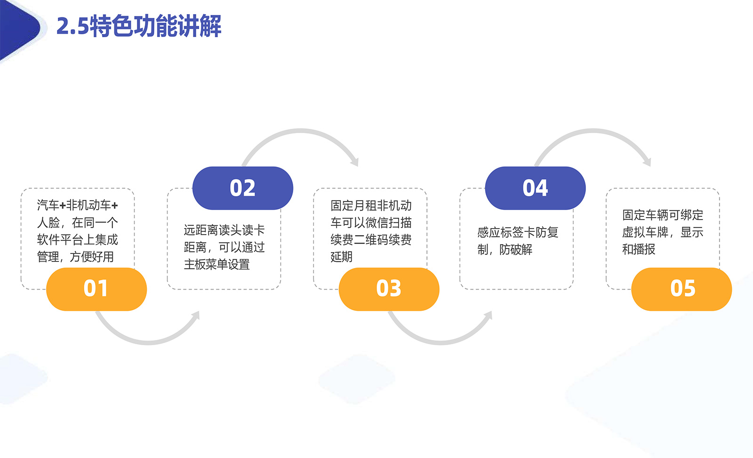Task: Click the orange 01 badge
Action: coord(96,289)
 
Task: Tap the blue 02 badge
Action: coord(243,188)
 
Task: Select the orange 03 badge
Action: coord(389,289)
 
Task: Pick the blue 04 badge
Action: coord(535,188)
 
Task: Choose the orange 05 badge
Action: coord(681,289)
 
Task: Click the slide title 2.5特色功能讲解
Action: coord(139,26)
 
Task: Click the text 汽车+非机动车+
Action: coord(77,205)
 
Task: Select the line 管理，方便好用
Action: coord(75,257)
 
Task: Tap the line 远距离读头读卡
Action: coord(224,230)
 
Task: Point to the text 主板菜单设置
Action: coord(217,265)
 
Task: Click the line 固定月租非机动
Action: coord(371,205)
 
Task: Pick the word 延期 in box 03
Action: coord(342,257)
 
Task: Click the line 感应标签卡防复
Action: coord(518,232)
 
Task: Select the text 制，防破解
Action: coord(505,250)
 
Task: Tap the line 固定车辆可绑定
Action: coord(663,215)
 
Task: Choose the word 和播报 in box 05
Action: coord(639,249)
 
